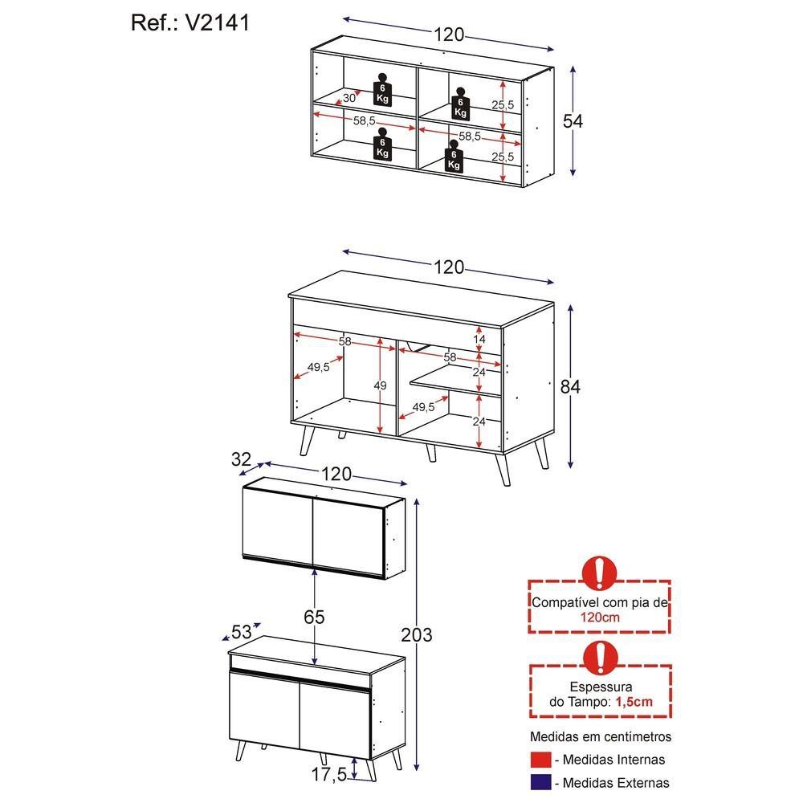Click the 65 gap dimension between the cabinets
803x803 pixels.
coord(316,617)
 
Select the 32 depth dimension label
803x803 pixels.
coord(240,459)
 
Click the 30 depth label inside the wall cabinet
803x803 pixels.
coord(349,98)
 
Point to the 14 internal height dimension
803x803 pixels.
coord(479,340)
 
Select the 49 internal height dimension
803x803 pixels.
coord(380,385)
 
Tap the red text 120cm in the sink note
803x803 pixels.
coord(599,618)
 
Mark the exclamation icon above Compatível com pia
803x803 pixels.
coord(600,573)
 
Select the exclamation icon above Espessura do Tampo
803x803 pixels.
coord(600,657)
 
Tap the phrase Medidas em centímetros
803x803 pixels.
coord(600,736)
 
